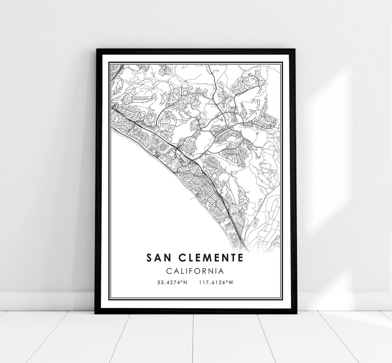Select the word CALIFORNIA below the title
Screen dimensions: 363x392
[x=195, y=270]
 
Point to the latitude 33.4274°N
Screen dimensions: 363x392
[x=172, y=282]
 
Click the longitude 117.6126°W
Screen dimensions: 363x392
[x=216, y=282]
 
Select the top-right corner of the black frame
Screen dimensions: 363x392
[x=295, y=49]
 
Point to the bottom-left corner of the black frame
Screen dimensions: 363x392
[x=95, y=313]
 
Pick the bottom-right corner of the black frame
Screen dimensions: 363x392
[x=296, y=313]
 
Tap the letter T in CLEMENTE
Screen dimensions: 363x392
[x=232, y=258]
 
